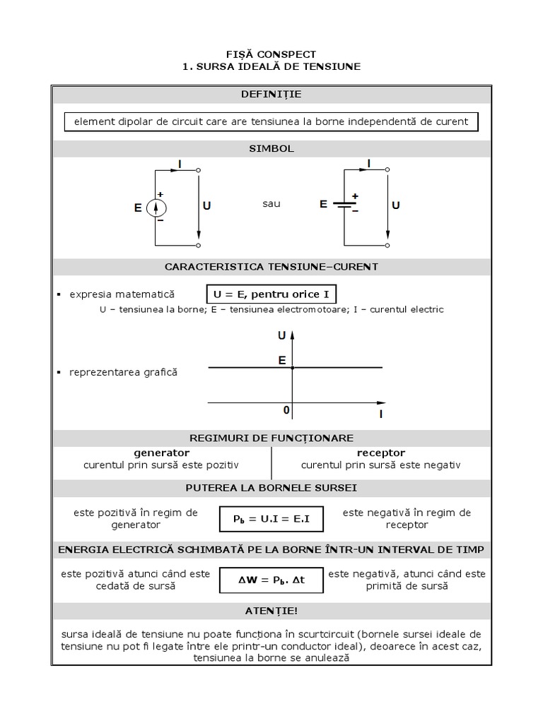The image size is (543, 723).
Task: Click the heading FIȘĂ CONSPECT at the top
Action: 271,54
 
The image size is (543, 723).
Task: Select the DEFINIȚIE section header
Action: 271,94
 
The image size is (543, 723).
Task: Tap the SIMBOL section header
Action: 271,149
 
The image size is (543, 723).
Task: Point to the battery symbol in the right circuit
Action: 344,205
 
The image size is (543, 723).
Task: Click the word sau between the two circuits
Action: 271,203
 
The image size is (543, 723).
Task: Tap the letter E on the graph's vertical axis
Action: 282,360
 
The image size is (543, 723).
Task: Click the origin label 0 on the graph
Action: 286,410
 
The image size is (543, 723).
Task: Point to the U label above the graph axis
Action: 282,336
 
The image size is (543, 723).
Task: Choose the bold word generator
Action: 162,453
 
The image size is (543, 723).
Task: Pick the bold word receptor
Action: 381,453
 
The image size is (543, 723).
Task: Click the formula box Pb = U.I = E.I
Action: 271,520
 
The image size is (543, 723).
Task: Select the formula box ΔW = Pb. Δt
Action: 271,580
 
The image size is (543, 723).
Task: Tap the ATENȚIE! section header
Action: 271,610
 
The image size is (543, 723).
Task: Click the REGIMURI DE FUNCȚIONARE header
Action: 271,438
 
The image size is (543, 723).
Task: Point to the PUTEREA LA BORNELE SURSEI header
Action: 271,488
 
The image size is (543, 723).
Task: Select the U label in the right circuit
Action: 396,205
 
